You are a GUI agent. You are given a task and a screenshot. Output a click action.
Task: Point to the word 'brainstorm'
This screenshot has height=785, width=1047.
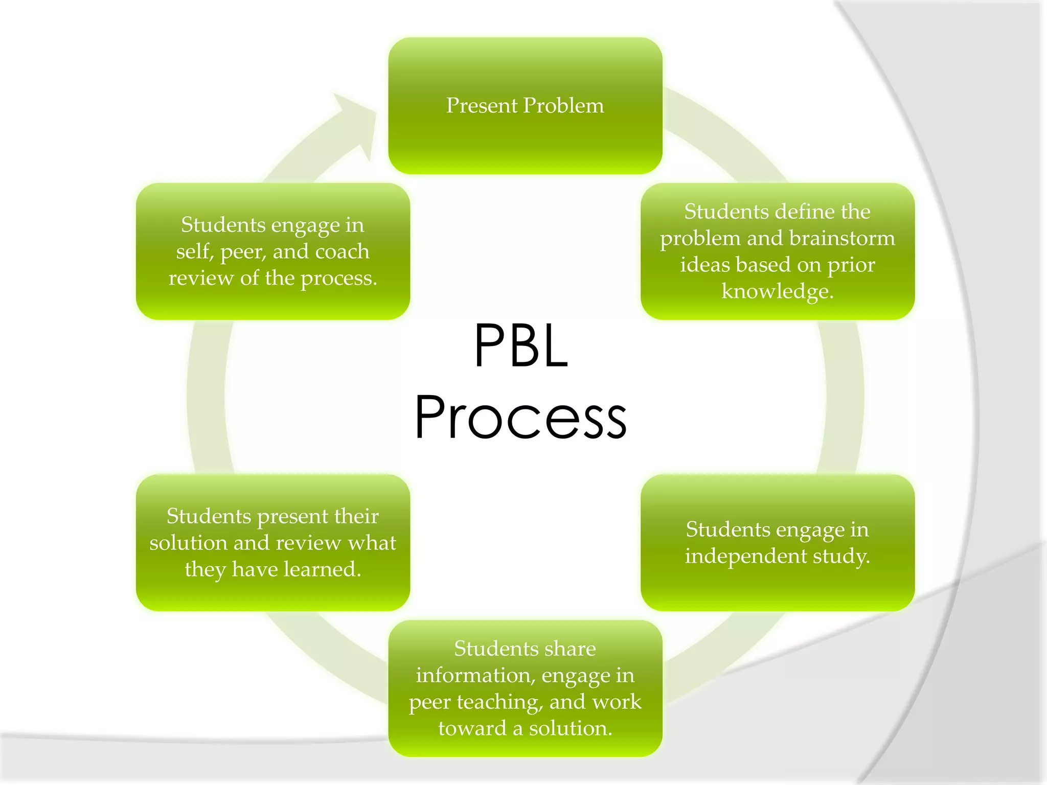(x=842, y=239)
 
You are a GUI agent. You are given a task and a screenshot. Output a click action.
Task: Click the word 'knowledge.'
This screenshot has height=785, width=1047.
(x=777, y=291)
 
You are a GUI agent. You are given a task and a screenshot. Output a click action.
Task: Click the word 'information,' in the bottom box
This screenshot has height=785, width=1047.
(x=475, y=675)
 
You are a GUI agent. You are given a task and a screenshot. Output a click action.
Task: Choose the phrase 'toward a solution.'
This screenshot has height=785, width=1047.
(x=525, y=728)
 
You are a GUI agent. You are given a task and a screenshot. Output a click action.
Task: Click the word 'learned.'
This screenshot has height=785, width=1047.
(x=322, y=569)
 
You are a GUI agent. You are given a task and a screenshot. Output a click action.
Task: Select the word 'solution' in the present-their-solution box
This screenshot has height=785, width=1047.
(x=188, y=543)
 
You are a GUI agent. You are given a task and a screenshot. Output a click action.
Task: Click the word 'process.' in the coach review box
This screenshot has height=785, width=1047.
(x=338, y=279)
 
